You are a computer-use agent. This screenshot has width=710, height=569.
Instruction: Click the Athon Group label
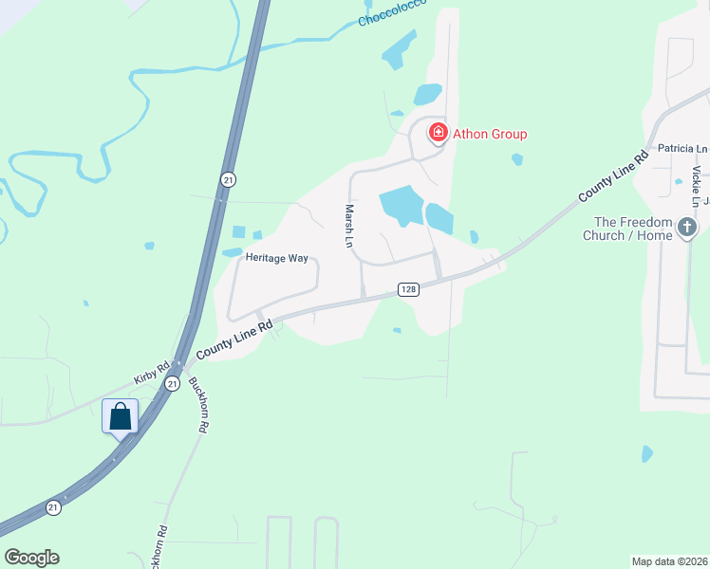click(x=489, y=134)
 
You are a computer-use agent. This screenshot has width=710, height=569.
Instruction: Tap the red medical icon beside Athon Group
click(x=439, y=133)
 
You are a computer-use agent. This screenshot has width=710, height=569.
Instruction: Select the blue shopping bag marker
click(x=121, y=416)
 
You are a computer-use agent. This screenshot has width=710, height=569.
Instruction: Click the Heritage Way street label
click(x=276, y=257)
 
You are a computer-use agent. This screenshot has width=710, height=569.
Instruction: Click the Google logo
click(x=31, y=558)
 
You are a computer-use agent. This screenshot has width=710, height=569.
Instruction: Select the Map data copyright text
click(x=670, y=561)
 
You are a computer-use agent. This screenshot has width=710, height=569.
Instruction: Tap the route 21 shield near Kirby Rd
click(x=172, y=383)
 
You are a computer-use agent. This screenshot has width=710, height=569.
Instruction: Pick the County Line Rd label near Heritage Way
click(x=234, y=339)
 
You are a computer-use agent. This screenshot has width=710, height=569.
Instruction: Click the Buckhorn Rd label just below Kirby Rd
click(x=198, y=406)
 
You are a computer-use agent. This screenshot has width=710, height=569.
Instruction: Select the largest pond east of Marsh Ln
click(x=402, y=205)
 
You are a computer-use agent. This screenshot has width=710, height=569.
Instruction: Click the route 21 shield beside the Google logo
click(x=54, y=508)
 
